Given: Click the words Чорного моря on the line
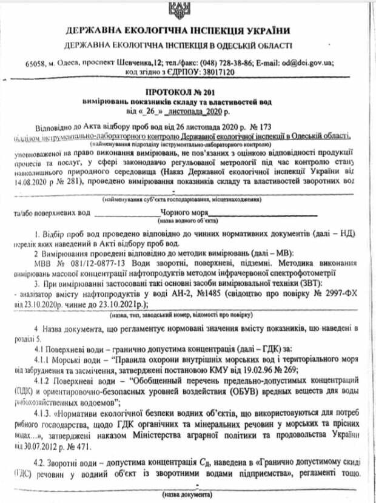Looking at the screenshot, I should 184,213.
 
